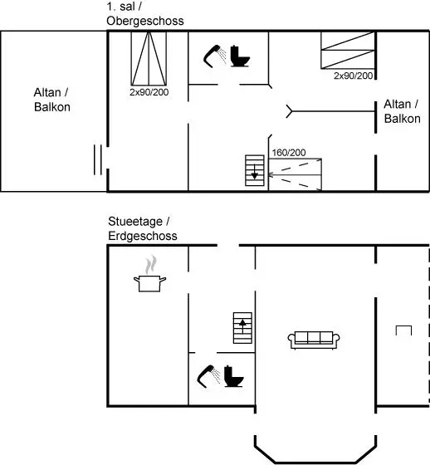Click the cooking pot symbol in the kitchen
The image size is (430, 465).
[149, 283]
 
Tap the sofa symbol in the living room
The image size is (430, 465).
[314, 340]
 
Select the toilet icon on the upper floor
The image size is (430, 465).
[240, 56]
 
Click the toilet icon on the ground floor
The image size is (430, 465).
[234, 376]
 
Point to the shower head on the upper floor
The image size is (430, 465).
[215, 56]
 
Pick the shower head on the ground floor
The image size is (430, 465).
[208, 376]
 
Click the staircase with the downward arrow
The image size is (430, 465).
[255, 170]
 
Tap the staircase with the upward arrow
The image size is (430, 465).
[242, 328]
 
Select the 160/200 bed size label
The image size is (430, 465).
[289, 153]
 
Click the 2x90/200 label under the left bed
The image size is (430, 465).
[149, 92]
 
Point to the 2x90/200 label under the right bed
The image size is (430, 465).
[353, 76]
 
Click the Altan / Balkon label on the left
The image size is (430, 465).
[52, 100]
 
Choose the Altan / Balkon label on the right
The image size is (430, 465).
[402, 111]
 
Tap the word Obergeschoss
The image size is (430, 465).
[145, 21]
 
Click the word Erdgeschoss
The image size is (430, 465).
[143, 236]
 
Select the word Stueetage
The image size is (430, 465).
[135, 222]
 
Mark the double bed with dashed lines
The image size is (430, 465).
[295, 175]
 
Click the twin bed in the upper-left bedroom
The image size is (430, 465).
[149, 59]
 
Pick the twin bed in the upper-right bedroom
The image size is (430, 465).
[348, 51]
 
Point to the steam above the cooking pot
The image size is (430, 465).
[150, 265]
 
